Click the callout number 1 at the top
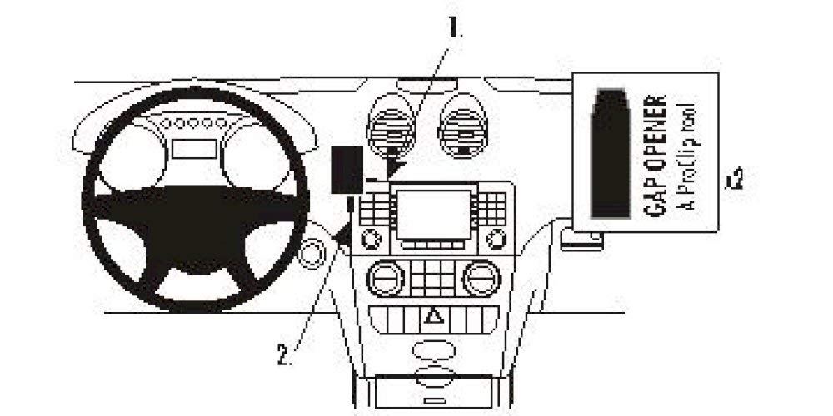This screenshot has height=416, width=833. tap(455, 28)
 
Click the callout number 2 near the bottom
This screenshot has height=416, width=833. tap(284, 356)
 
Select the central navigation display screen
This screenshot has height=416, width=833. tap(433, 215)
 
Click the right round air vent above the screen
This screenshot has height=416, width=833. tap(463, 126)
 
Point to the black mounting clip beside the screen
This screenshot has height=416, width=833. tap(347, 170)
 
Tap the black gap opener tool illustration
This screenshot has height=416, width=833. tap(611, 153)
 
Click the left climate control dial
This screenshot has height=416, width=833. tap(386, 278)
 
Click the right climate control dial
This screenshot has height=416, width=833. tap(481, 278)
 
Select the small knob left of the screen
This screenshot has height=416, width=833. tap(371, 239)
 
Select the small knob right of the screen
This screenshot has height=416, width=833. tap(496, 239)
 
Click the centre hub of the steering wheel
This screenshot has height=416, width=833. tap(196, 223)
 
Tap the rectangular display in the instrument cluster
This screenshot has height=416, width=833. tap(194, 149)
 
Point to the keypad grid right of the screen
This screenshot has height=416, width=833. tap(492, 209)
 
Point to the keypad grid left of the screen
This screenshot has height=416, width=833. tap(375, 209)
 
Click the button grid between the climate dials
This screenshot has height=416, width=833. tap(433, 278)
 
